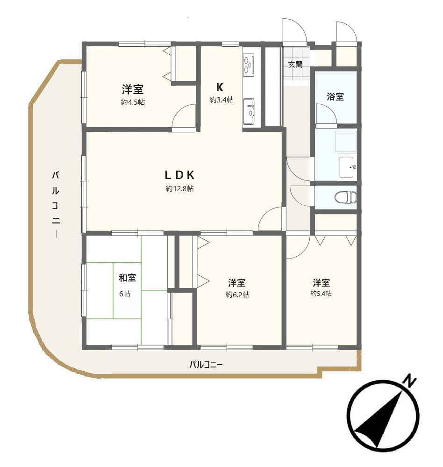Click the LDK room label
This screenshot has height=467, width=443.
pos(179,175)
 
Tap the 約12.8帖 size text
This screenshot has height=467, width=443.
pos(179,189)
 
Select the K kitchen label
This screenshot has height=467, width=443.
pos(219,87)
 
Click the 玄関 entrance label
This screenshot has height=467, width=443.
pos(295,65)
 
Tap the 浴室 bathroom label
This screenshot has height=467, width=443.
pos(335,97)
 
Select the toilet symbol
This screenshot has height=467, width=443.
pos(345,197)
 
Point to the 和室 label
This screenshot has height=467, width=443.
pos(127,278)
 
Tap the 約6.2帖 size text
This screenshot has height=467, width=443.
pos(237,295)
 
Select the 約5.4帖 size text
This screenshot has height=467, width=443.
pos(321,294)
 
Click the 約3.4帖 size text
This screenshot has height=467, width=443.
pos(221,100)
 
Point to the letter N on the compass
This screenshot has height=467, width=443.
pos(410,381)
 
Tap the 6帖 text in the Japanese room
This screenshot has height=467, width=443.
pos(125,294)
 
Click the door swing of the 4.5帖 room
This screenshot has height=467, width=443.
pos(184,117)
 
